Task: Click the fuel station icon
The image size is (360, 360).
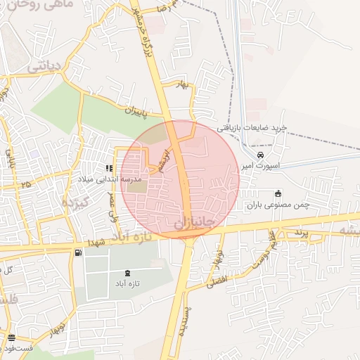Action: coord(77,252)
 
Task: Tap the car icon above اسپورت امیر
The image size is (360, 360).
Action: coord(260,155)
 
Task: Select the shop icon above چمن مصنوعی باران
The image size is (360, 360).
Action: coord(278,193)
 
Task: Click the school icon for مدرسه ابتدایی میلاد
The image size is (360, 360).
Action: coord(109,168)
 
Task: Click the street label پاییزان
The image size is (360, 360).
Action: coord(139,110)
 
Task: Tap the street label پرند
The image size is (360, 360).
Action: coord(301,233)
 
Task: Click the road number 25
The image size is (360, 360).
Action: coord(26,184)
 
